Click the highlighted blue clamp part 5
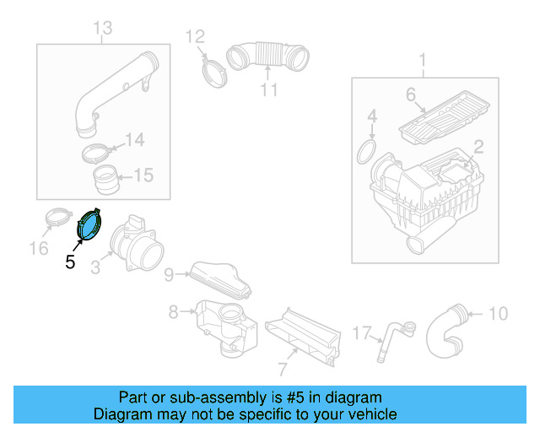[90, 225]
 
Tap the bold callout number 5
[70, 262]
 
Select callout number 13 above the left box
[101, 30]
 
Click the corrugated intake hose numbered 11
[268, 57]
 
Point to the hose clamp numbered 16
[57, 218]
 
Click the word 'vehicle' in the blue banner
[369, 414]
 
